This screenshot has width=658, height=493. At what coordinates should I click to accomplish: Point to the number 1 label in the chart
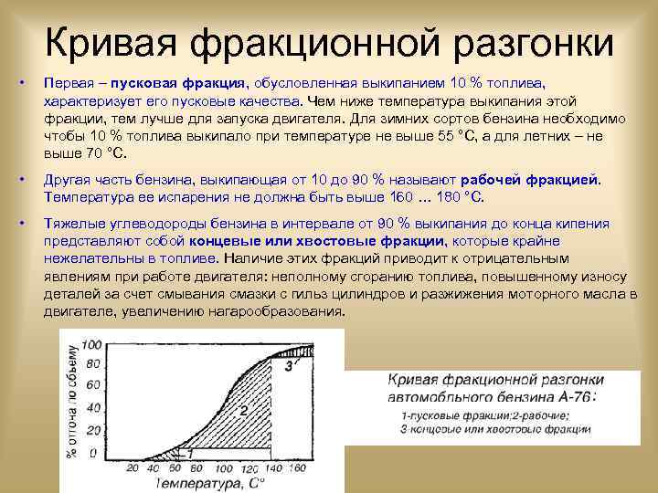[x=189, y=452]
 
